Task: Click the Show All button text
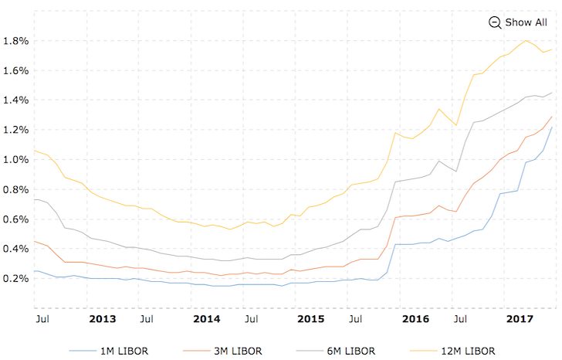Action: click(526, 22)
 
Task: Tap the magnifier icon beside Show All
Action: click(495, 22)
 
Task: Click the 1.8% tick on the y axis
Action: click(15, 40)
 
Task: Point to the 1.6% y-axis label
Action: click(15, 70)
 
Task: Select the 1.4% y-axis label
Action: click(15, 100)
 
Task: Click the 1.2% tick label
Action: click(15, 130)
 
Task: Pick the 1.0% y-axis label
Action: click(15, 159)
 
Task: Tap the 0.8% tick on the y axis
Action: click(15, 189)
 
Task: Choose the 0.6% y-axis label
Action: click(15, 219)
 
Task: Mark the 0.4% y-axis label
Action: click(15, 249)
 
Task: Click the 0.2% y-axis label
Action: click(15, 278)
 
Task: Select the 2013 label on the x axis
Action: click(102, 318)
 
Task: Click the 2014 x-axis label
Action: click(206, 318)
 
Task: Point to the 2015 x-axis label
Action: click(310, 318)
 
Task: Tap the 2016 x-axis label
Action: click(416, 318)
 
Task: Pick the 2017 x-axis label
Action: click(519, 318)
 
